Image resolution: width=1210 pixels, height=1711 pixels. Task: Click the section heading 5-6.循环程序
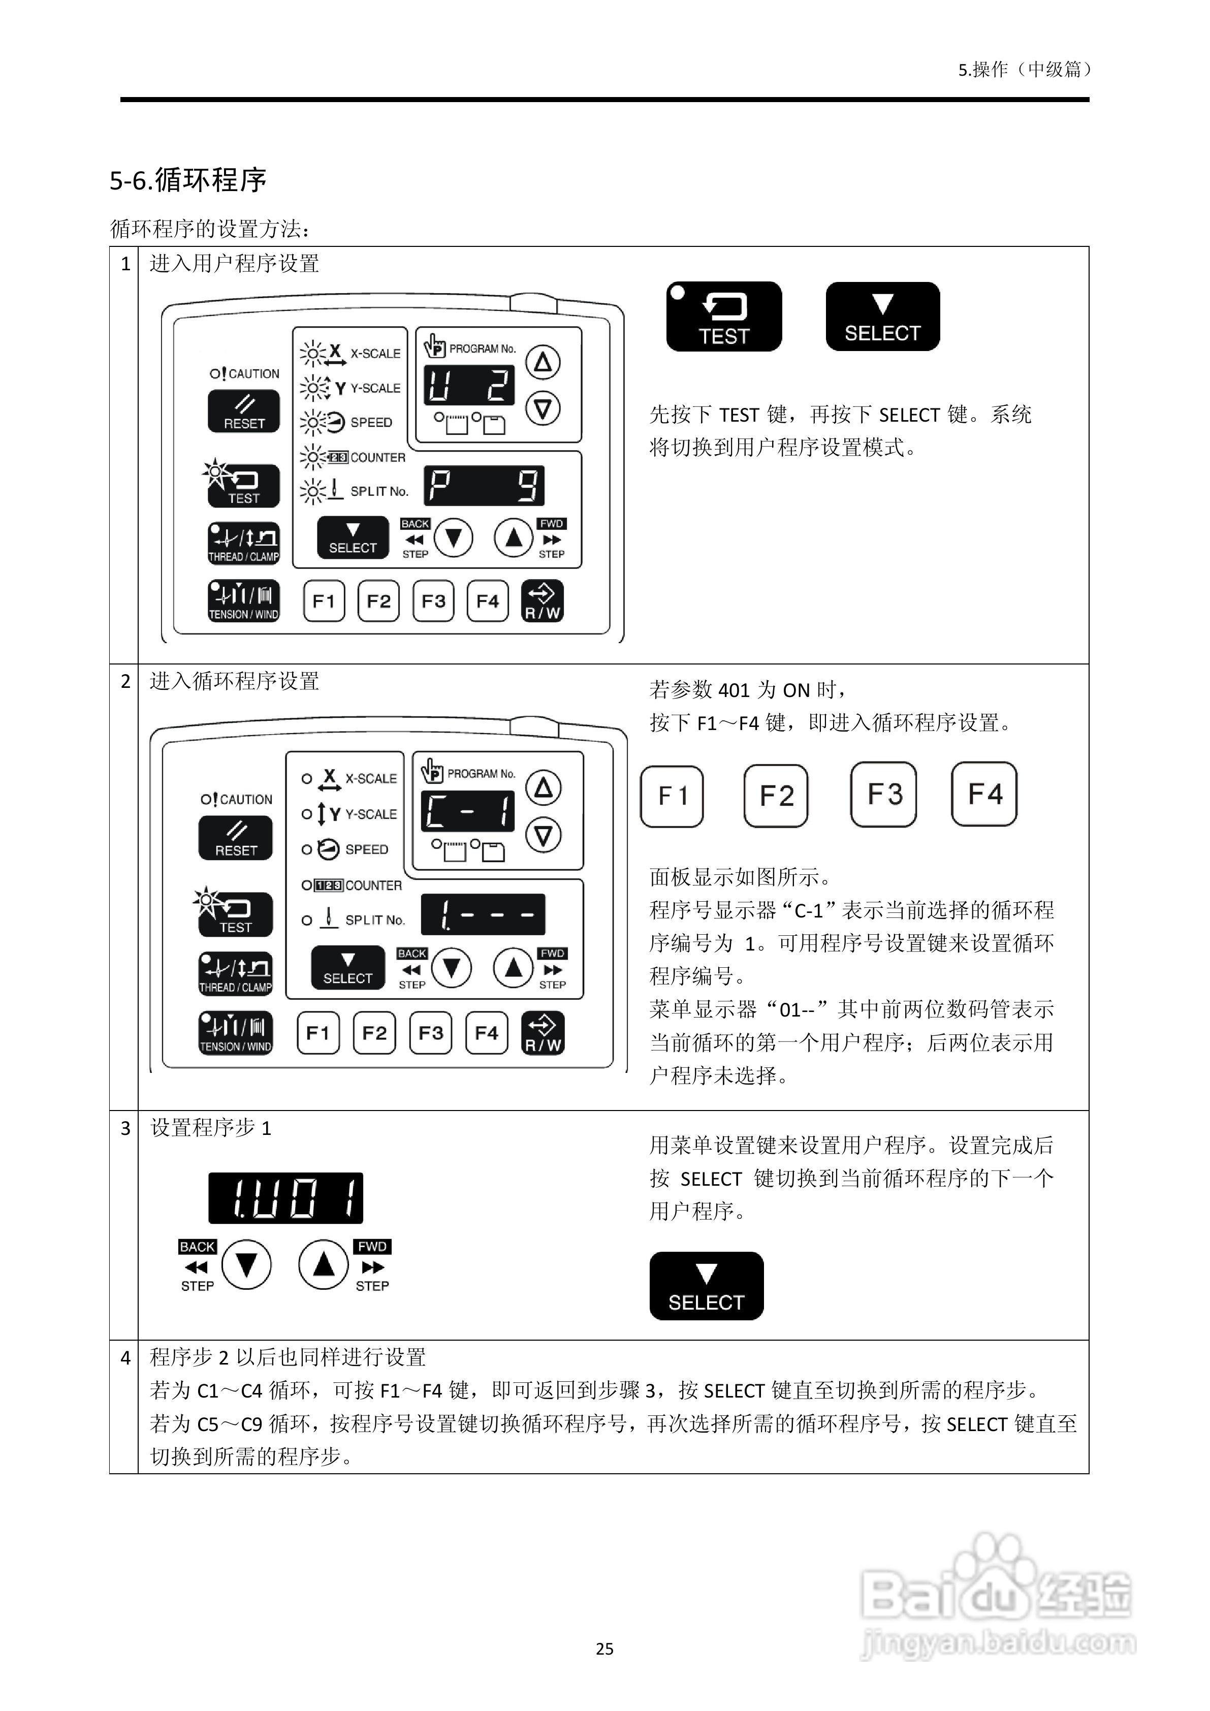pos(188,180)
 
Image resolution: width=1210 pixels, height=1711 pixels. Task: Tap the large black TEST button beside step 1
pos(723,316)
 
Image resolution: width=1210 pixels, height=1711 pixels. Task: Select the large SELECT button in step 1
pos(882,316)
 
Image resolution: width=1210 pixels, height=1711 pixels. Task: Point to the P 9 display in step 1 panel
pos(484,486)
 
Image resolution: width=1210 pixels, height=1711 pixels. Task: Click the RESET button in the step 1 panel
pos(244,411)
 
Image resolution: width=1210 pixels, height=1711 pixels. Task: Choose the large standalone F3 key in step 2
pos(884,795)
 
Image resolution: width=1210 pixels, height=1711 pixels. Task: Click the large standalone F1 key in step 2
pos(672,796)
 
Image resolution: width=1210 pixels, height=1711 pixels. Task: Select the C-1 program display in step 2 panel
pos(468,811)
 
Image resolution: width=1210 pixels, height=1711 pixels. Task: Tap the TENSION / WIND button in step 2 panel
pos(235,1033)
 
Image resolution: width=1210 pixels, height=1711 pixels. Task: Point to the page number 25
pos(604,1649)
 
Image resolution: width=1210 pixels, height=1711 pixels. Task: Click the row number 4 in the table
pos(125,1358)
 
